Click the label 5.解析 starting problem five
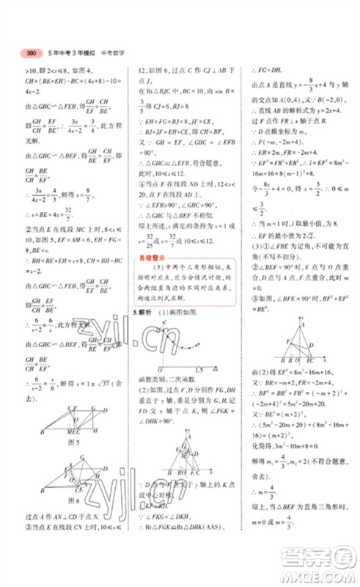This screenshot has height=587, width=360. (x=143, y=313)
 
